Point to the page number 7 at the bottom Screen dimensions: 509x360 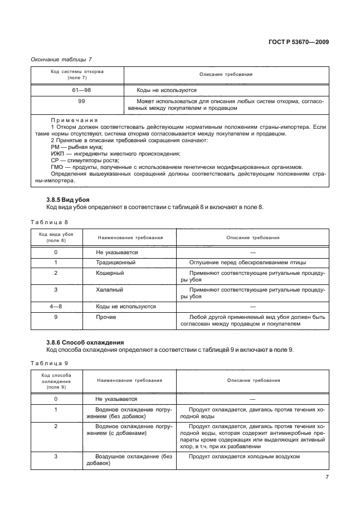(327, 477)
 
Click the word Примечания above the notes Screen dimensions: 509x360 (74, 120)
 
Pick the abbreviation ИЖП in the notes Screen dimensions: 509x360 (57, 153)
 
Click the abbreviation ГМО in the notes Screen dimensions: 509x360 (58, 167)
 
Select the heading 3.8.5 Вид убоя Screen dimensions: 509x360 (68, 200)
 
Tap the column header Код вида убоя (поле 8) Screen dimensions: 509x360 (56, 237)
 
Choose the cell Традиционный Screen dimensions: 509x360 (115, 263)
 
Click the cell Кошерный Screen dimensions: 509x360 (110, 273)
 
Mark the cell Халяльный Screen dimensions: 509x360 (110, 290)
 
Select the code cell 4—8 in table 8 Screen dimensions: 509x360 (56, 307)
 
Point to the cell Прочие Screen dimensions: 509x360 (106, 317)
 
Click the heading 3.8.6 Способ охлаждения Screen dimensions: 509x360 (85, 342)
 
